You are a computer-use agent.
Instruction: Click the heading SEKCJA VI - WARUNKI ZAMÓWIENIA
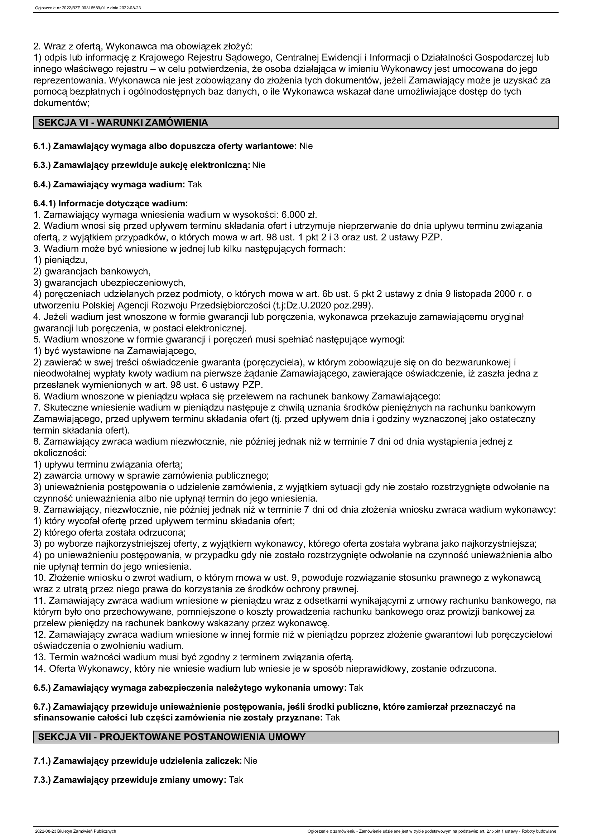pos(123,123)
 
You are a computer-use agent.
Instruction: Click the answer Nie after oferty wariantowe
pos(306,147)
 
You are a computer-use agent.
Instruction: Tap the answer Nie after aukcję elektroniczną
pos(259,165)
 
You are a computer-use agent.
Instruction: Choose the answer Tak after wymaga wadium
pos(195,185)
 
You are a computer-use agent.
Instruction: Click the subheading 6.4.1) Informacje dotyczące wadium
pos(111,203)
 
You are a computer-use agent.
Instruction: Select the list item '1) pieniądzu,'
pos(61,260)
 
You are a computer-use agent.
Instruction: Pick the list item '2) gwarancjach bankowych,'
pos(92,272)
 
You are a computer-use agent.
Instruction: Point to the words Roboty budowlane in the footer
pos(543,832)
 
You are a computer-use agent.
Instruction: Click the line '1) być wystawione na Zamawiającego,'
pos(115,351)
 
